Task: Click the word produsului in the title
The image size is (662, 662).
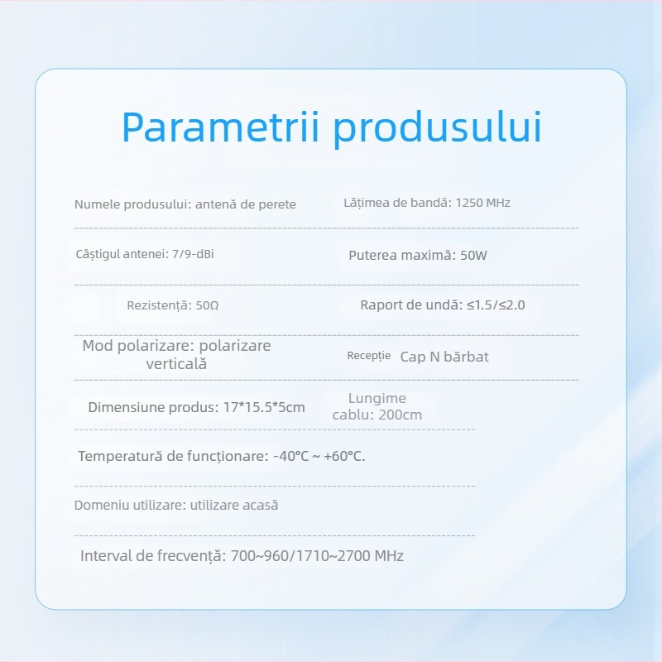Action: (x=439, y=128)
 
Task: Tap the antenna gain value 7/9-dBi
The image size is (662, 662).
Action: (x=192, y=254)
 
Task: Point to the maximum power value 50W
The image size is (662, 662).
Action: (x=473, y=256)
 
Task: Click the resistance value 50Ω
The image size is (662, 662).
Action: (x=208, y=305)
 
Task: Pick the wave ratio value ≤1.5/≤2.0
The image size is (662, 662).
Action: (x=496, y=305)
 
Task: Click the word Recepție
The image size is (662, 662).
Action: (x=368, y=356)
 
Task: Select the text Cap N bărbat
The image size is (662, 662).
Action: (x=444, y=357)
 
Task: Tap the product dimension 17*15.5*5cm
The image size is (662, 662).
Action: (x=265, y=407)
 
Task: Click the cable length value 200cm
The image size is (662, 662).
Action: (x=400, y=415)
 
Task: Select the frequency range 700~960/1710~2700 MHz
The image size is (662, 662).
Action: (x=315, y=556)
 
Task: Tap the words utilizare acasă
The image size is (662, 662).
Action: (x=234, y=506)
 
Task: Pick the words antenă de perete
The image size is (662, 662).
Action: (x=246, y=204)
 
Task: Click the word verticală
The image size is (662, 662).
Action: (x=176, y=364)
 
